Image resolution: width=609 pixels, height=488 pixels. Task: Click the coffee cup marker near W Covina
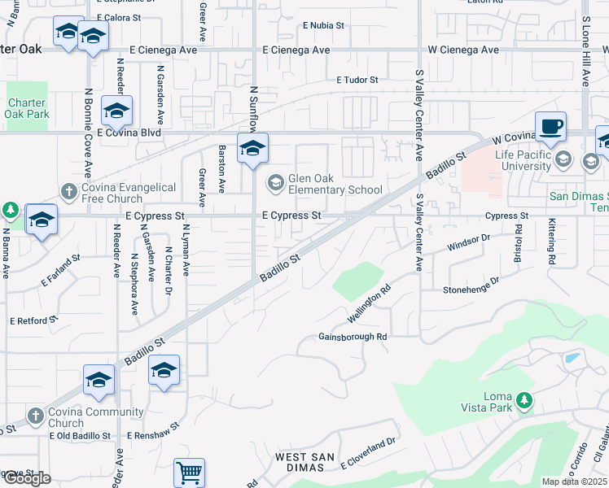[551, 127]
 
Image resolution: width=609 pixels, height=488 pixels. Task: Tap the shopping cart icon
[189, 472]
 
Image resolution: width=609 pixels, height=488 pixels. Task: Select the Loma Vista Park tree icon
[525, 399]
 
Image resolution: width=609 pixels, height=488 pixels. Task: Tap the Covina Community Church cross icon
[34, 416]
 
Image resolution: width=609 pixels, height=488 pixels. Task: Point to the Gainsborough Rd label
[352, 336]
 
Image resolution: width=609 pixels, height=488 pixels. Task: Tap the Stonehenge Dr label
[470, 290]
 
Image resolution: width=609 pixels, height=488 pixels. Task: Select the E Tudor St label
[358, 80]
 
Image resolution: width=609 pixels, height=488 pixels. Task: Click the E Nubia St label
[323, 25]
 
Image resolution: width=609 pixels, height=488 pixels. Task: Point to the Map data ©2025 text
[574, 481]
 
